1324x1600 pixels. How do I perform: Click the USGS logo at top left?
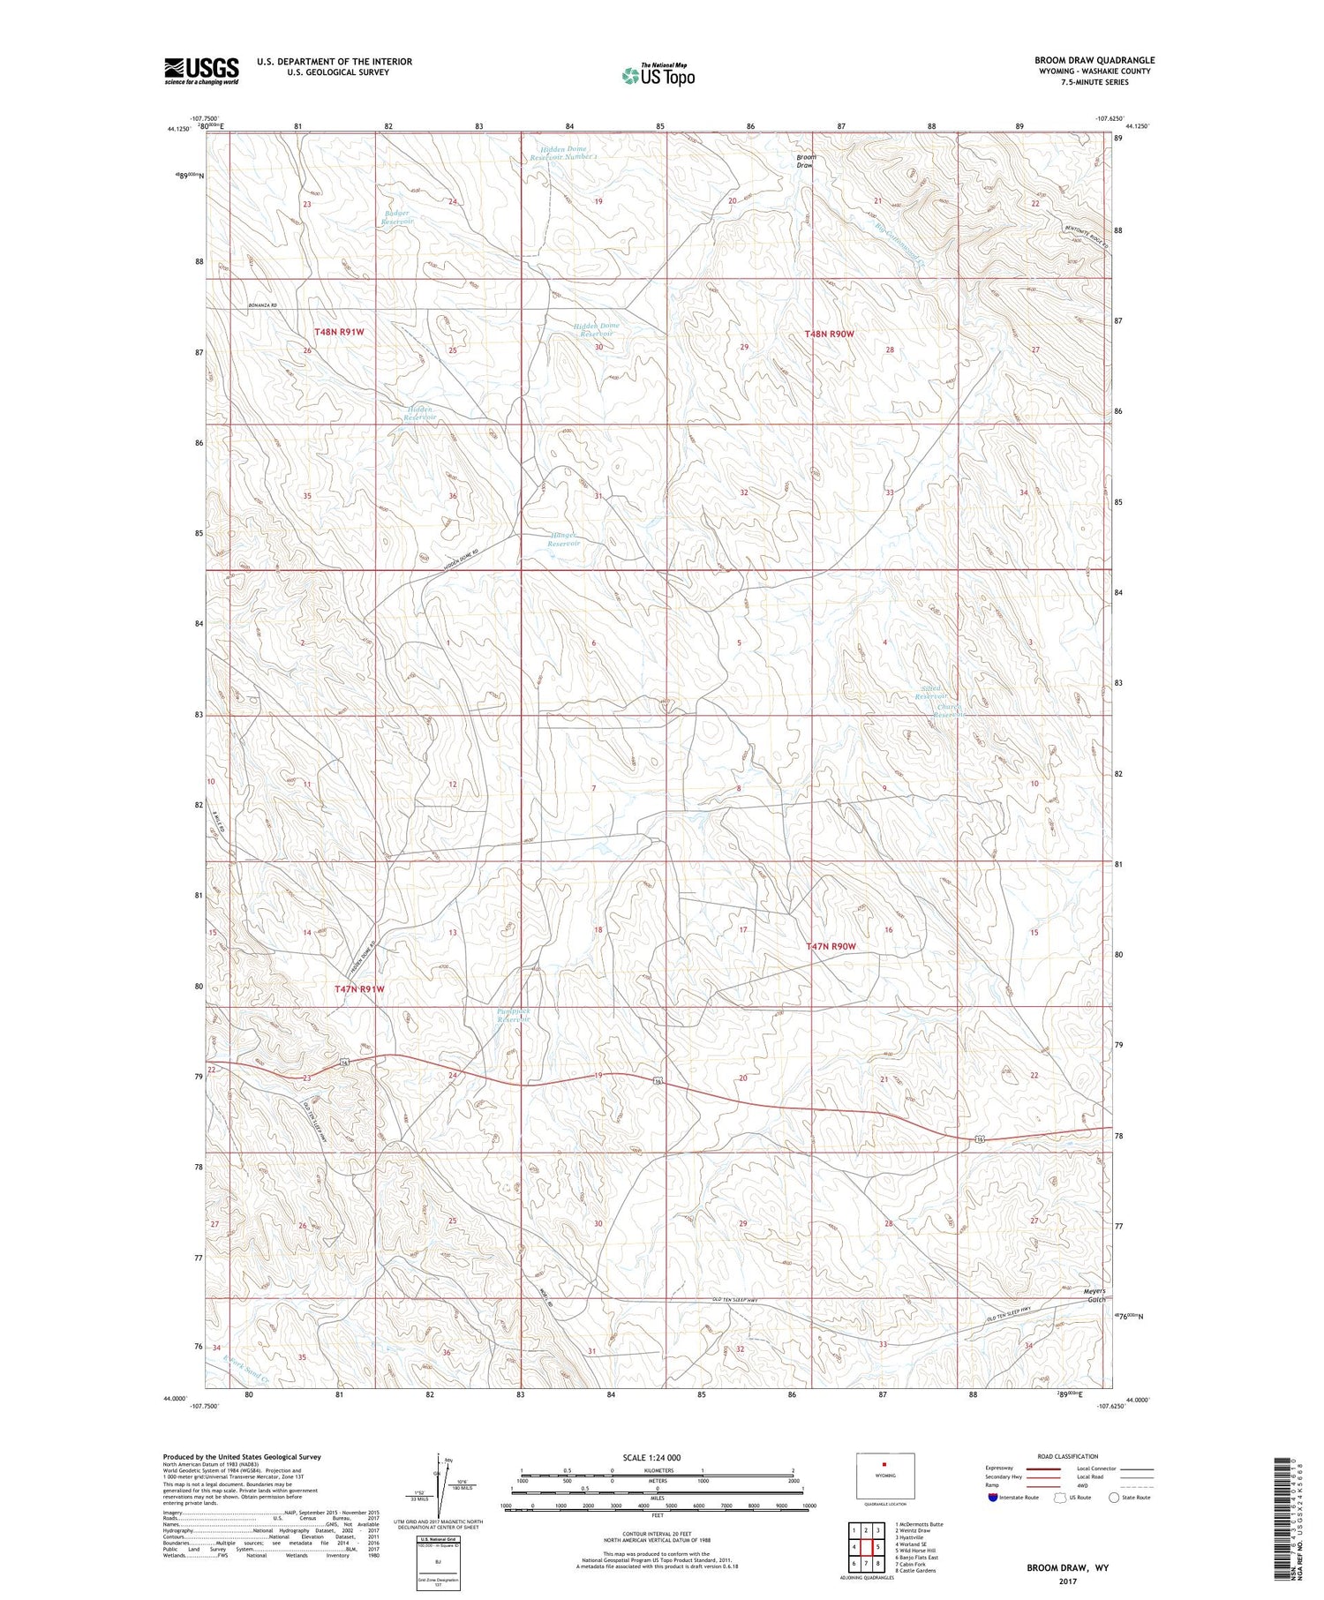point(201,71)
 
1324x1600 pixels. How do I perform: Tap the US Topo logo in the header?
point(658,75)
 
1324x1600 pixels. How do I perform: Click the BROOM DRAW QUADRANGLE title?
point(1095,60)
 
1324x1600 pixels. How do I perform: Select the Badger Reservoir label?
point(397,217)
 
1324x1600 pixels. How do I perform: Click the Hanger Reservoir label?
point(564,539)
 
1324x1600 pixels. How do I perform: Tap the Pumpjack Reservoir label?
point(514,1015)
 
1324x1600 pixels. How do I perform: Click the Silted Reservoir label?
point(930,692)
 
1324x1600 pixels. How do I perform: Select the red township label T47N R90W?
point(831,946)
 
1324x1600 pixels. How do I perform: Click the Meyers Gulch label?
point(1095,1295)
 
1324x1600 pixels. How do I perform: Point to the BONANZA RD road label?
point(261,305)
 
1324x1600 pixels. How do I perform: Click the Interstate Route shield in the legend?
point(994,1498)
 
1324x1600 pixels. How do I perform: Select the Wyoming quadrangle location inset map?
point(884,1475)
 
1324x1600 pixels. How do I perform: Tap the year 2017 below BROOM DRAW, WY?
point(1065,1581)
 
